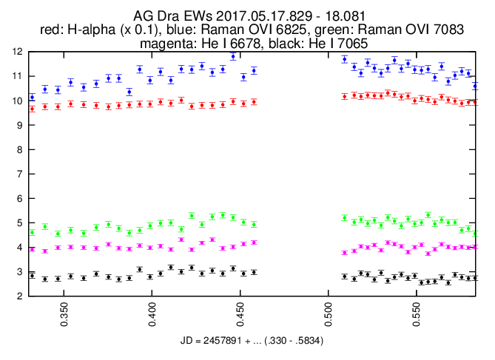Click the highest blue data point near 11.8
tap(233, 56)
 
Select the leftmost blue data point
tap(32, 97)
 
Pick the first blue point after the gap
tap(344, 59)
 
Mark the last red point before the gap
tap(254, 102)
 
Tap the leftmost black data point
tap(32, 275)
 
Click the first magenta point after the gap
tap(344, 253)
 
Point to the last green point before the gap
tap(254, 224)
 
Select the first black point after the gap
tap(344, 276)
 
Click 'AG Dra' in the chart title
tap(153, 16)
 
